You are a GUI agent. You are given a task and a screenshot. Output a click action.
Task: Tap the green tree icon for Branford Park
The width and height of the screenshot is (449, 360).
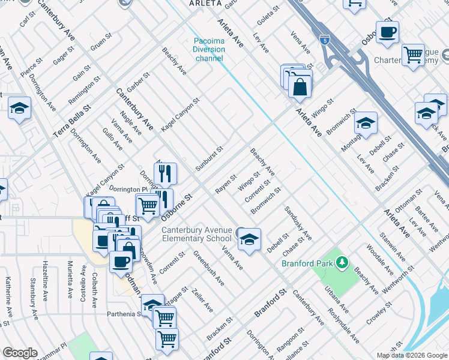coord(342,262)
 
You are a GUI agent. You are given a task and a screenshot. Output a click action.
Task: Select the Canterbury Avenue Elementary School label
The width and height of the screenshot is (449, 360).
coord(196,234)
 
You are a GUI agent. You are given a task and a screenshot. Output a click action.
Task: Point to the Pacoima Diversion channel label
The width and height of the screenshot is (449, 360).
coord(208,50)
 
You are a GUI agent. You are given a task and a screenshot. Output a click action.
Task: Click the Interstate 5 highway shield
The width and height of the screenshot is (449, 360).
coord(325,40)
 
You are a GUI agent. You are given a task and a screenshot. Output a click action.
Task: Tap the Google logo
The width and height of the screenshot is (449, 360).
coord(20,353)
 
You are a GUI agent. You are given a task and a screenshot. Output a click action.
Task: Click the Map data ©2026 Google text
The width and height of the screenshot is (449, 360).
coord(411,355)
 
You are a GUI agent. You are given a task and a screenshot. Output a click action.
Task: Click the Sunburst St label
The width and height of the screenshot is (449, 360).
coord(210,157)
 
